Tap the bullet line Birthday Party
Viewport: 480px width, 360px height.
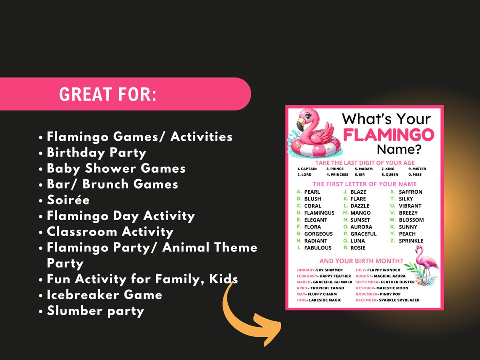[x=96, y=152]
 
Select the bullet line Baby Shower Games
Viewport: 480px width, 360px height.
[x=116, y=168]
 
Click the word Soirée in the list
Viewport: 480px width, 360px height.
[x=68, y=200]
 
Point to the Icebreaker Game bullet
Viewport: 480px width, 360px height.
[x=104, y=295]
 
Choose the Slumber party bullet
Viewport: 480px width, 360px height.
[x=95, y=311]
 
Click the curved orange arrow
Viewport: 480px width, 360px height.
[x=248, y=314]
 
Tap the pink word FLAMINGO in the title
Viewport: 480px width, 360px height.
[x=388, y=135]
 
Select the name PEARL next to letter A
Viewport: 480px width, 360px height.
[x=312, y=192]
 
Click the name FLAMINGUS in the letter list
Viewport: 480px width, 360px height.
[x=319, y=213]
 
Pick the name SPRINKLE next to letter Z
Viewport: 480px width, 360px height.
[x=411, y=241]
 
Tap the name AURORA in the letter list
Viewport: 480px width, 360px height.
[x=361, y=227]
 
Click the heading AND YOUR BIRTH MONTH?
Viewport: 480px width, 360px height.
[x=361, y=261]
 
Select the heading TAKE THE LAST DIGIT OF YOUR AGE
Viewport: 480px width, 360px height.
[x=365, y=163]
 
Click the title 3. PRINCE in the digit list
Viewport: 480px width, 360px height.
[x=335, y=169]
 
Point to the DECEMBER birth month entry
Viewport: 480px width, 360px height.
[x=387, y=300]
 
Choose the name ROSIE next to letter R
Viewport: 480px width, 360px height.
[x=357, y=248]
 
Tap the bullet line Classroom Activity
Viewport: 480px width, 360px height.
[x=109, y=232]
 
